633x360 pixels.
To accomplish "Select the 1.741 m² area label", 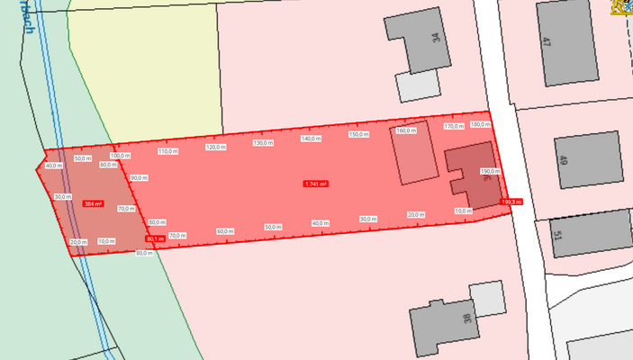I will (315, 184).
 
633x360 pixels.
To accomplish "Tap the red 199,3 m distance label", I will (511, 202).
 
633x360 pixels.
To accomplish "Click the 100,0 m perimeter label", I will (120, 156).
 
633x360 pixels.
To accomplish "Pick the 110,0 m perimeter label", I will (168, 151).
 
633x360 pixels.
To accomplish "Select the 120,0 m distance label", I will (215, 147).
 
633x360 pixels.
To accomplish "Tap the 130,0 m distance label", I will (263, 143).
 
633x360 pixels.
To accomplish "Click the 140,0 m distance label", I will (311, 139).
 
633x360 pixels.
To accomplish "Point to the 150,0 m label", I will (358, 134).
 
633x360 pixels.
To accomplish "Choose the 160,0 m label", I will (406, 130).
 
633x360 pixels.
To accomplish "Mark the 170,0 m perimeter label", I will (454, 127).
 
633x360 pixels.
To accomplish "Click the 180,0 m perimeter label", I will (480, 124).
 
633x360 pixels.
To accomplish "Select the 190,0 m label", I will (490, 171).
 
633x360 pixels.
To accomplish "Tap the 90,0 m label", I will (138, 178).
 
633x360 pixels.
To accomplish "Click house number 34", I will (436, 39).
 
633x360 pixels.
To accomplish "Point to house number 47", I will (547, 40).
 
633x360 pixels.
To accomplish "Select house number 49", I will (563, 162).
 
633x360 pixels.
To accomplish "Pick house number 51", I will (557, 237).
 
